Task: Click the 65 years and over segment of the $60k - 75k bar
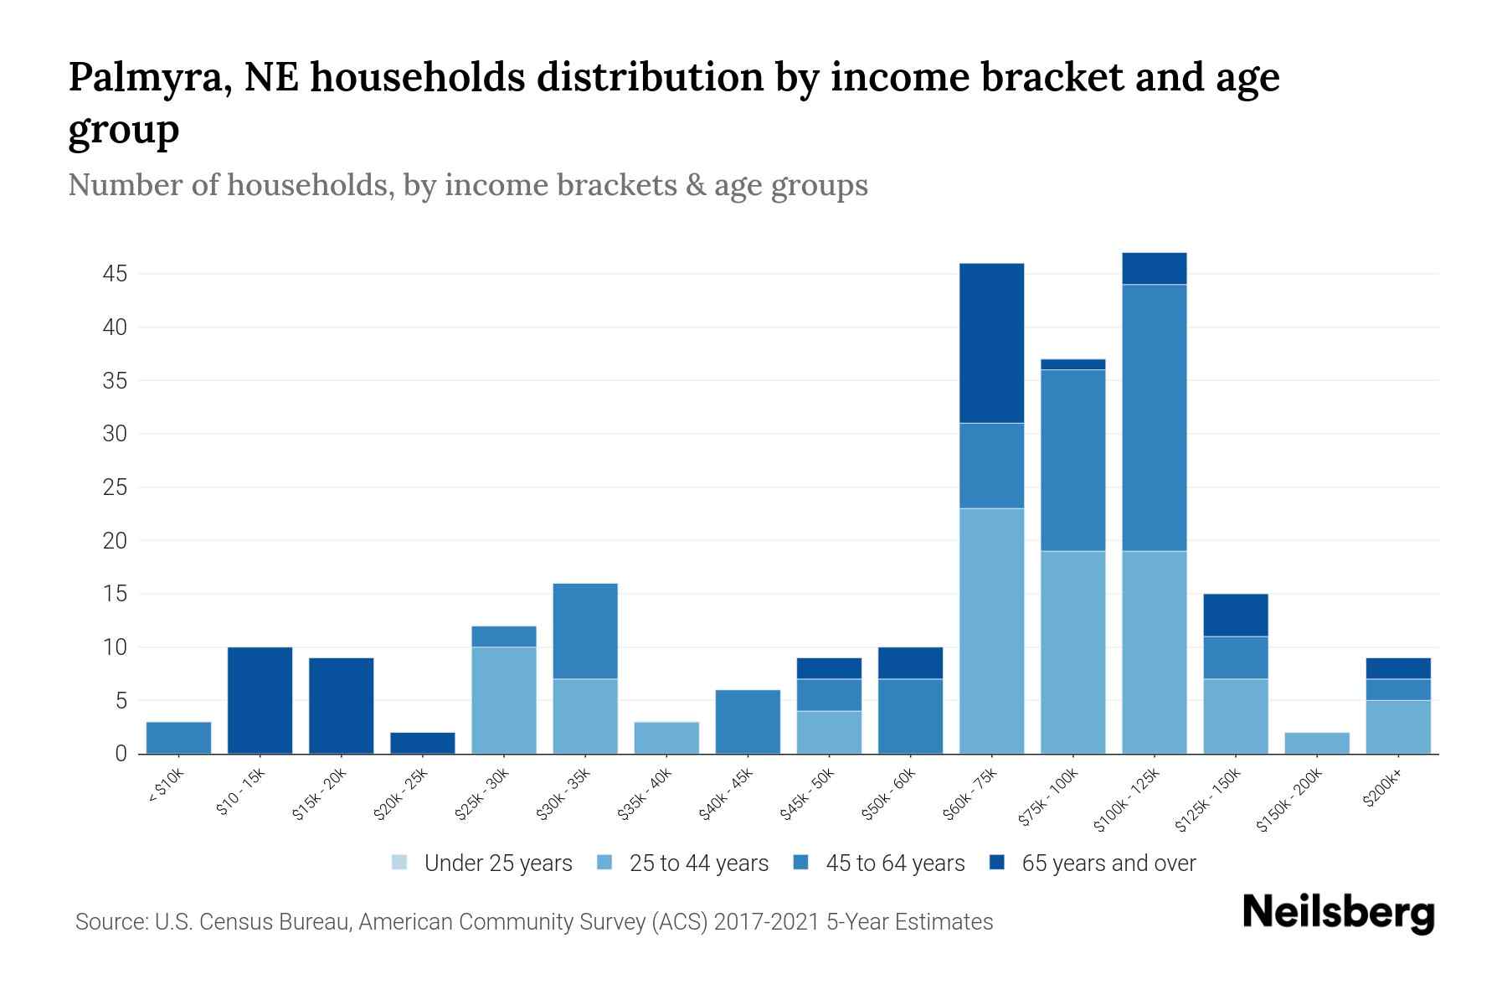(x=991, y=343)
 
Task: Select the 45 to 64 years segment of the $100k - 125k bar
(x=1154, y=418)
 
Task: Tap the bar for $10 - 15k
(x=260, y=700)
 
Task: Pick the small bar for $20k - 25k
(x=423, y=743)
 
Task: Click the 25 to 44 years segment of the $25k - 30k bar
(x=504, y=700)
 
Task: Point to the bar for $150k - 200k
(x=1316, y=743)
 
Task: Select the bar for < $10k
(x=178, y=738)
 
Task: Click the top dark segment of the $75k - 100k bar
(x=1072, y=364)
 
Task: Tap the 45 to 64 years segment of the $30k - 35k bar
(x=585, y=631)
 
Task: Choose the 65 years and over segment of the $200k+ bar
(x=1397, y=668)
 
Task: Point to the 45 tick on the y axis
(x=116, y=274)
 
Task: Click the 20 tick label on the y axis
(x=116, y=541)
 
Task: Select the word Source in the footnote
(x=110, y=922)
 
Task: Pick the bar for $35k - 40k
(x=666, y=738)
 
